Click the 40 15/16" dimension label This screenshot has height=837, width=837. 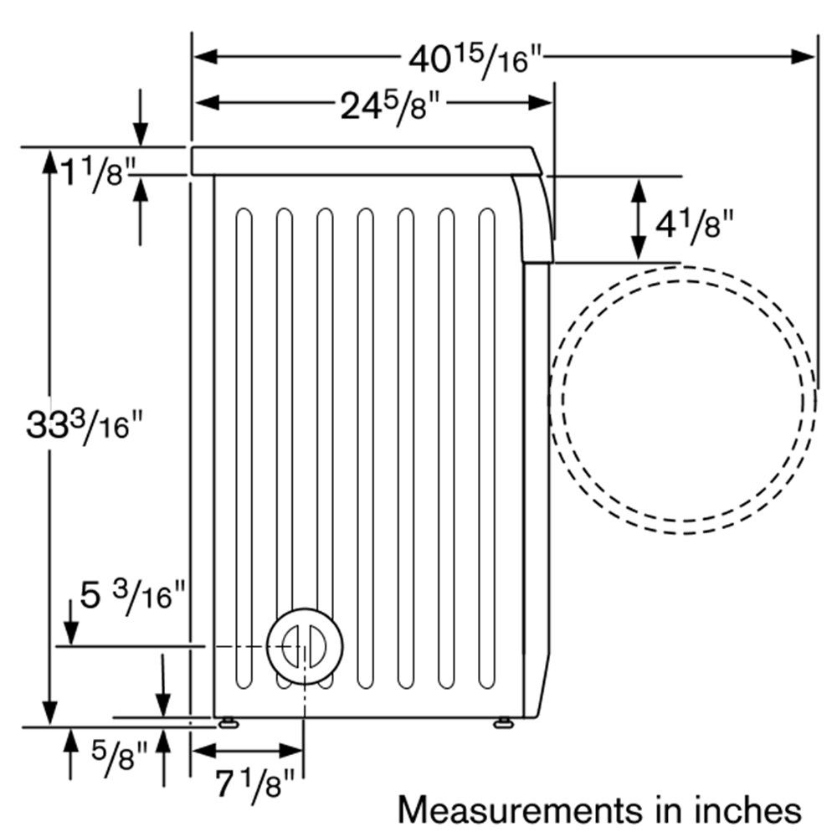click(x=475, y=61)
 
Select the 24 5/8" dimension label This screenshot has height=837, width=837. click(x=390, y=107)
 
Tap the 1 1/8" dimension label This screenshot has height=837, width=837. click(x=97, y=174)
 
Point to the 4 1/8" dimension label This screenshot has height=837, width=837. click(x=694, y=224)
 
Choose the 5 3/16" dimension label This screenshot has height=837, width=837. click(x=132, y=597)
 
